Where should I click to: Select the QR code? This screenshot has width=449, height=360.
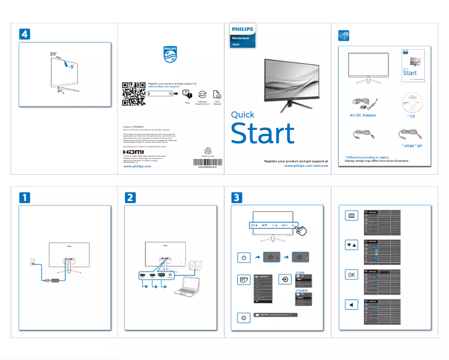click(134, 93)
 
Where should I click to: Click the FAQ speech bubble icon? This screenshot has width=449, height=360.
click(188, 93)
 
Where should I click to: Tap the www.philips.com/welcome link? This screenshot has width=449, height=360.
click(306, 166)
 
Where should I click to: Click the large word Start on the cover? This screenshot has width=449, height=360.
click(262, 134)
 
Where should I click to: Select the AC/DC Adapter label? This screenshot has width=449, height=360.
click(363, 115)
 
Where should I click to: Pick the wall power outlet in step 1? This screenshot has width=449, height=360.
click(32, 261)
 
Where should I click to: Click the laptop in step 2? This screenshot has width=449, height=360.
click(186, 289)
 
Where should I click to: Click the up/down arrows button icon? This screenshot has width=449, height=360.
click(351, 245)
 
